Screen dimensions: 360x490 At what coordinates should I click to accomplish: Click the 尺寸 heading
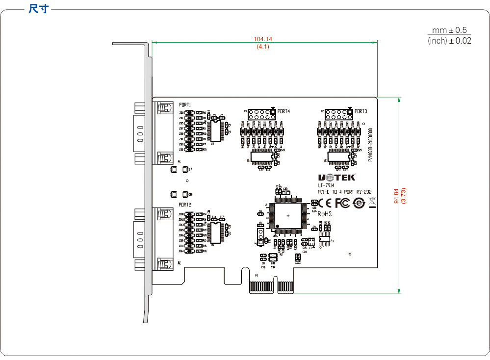[39, 9]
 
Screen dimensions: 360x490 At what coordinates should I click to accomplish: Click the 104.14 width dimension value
[263, 39]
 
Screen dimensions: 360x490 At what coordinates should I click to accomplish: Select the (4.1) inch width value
[263, 47]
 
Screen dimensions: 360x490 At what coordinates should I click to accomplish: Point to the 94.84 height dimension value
[397, 196]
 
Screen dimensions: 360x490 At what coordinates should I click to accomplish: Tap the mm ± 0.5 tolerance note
[449, 30]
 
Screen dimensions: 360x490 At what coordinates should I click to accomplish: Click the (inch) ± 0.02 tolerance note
[449, 41]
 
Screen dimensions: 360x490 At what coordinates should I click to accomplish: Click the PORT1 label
[185, 105]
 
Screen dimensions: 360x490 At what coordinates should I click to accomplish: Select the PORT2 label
[185, 205]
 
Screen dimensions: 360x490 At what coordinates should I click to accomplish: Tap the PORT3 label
[361, 111]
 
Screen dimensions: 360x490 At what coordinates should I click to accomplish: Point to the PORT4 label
[284, 111]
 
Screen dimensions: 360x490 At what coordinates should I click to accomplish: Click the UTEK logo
[337, 177]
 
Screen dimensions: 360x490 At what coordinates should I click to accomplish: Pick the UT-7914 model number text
[326, 185]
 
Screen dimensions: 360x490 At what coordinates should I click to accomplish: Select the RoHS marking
[325, 214]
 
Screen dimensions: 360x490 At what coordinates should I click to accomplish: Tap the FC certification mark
[342, 203]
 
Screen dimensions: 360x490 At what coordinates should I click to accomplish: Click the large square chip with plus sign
[288, 216]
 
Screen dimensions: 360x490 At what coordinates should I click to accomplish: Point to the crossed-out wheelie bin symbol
[372, 202]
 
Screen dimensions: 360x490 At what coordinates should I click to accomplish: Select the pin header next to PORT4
[260, 115]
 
